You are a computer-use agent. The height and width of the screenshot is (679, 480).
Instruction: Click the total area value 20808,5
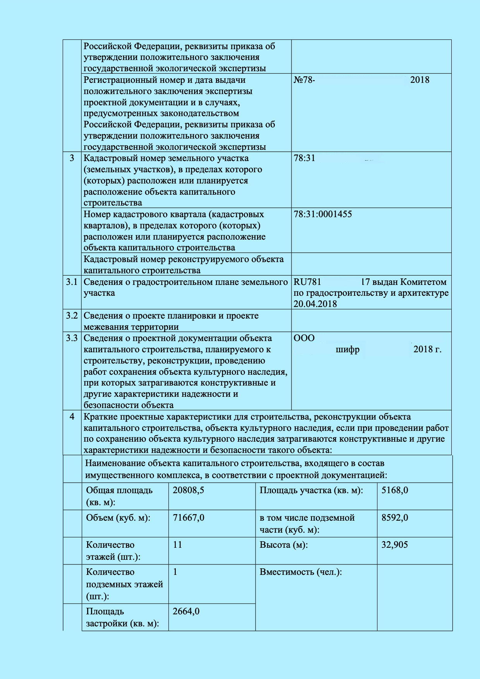click(x=188, y=490)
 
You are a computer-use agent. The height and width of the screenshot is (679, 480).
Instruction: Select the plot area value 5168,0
click(x=394, y=490)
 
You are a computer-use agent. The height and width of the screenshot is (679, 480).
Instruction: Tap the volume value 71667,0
click(x=188, y=518)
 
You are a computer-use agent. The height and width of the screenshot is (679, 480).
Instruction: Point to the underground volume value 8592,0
click(x=394, y=518)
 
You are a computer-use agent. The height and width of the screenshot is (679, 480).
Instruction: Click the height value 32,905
click(x=394, y=545)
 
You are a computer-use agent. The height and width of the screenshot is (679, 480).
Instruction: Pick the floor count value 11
click(x=177, y=545)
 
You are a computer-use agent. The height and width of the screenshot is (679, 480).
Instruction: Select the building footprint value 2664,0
click(x=186, y=611)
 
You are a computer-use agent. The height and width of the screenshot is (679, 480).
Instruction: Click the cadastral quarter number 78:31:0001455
click(x=322, y=214)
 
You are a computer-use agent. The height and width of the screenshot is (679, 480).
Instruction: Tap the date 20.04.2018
click(x=315, y=304)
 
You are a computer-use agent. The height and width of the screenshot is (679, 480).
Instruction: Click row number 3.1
click(x=72, y=282)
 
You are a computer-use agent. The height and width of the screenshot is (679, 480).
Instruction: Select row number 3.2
click(x=72, y=315)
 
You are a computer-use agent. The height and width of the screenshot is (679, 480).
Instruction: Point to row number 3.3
click(x=72, y=338)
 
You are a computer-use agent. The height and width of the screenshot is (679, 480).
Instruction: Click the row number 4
click(x=72, y=417)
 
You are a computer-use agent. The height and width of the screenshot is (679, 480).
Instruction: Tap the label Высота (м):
click(x=284, y=545)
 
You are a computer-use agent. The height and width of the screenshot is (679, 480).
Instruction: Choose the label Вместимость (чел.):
click(x=300, y=572)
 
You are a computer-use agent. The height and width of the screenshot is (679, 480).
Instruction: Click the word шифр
click(x=347, y=350)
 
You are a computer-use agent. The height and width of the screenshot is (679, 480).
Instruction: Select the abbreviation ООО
click(x=304, y=338)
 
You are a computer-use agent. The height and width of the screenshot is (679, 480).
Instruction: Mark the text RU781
click(x=307, y=282)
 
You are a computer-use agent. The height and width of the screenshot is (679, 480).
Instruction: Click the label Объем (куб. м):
click(x=118, y=518)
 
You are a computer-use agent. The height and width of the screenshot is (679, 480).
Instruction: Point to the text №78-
click(x=304, y=80)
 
